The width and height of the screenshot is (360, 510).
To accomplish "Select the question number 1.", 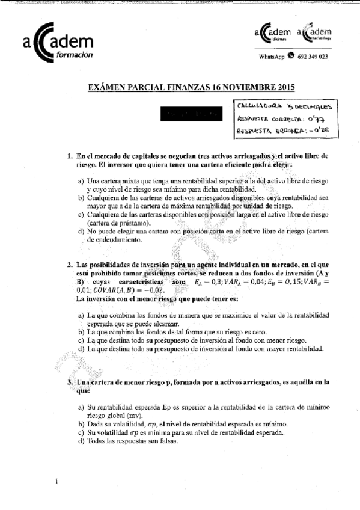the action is coord(70,156).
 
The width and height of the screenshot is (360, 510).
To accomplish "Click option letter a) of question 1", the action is coord(81,180).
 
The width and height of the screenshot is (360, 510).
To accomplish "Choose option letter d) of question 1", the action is coord(81,230).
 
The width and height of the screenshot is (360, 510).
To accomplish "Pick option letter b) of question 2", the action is coord(81,331).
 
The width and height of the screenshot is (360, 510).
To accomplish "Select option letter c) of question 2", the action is coord(81,340).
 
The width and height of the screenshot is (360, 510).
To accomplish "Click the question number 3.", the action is coord(70,382).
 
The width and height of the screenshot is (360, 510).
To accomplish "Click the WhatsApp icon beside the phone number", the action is coord(291,56).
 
